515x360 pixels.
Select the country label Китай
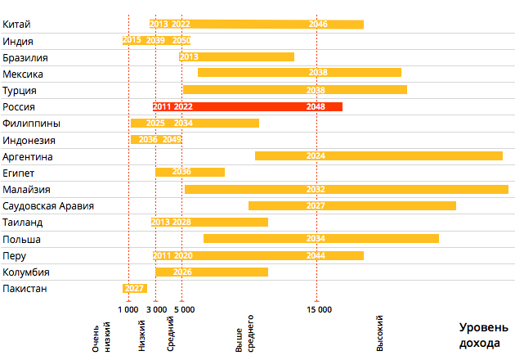17,25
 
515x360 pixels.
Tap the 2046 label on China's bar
318,25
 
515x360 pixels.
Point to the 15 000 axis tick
319,309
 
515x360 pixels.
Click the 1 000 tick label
128,309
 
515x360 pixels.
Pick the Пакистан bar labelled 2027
134,288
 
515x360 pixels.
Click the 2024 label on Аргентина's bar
316,155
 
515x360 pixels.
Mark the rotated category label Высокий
379,334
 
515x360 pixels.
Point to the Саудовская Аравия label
48,205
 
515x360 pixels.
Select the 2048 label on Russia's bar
316,106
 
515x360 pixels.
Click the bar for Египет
190,172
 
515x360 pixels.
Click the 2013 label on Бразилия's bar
189,57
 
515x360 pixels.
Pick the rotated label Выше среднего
244,334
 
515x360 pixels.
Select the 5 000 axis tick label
184,309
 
